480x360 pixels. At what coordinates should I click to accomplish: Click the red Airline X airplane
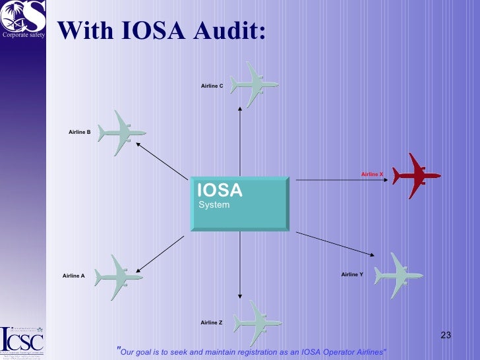(416, 176)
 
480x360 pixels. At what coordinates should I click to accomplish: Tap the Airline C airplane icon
(254, 84)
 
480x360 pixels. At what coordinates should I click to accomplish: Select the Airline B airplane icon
(121, 133)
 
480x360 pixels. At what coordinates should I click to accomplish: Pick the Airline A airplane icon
(119, 278)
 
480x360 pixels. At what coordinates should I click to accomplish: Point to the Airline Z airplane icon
(257, 323)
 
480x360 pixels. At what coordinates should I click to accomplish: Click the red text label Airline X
(372, 174)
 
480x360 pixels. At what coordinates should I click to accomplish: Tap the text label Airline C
(212, 86)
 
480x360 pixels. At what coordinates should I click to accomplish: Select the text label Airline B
(79, 133)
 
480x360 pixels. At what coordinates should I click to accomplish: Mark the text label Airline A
(73, 276)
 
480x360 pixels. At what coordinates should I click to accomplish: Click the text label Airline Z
(212, 322)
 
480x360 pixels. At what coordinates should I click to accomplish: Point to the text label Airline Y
(352, 274)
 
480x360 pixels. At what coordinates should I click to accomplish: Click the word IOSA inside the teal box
(220, 191)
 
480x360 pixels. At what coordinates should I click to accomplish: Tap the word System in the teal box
(214, 205)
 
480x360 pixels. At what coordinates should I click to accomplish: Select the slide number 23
(445, 336)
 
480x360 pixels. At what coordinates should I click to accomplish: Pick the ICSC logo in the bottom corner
(22, 339)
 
